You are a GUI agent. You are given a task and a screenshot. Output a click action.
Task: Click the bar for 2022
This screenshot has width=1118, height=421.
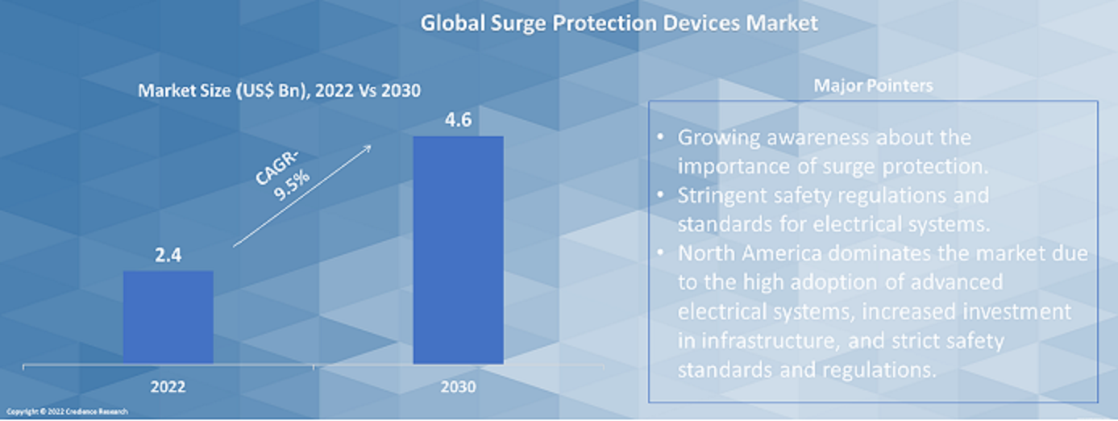tap(168, 317)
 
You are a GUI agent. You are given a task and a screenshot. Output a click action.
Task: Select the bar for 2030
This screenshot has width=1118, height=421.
tap(458, 250)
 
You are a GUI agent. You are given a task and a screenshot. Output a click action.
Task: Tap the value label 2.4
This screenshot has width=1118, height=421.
tap(168, 256)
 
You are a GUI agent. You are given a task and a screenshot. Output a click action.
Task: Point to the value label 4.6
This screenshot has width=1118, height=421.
tap(458, 122)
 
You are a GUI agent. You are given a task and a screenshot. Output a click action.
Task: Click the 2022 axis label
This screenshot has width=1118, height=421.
tap(168, 387)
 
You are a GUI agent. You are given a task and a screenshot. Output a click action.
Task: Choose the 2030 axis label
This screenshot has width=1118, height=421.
tap(458, 387)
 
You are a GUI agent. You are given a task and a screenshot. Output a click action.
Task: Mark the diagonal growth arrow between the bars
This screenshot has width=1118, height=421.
tap(302, 196)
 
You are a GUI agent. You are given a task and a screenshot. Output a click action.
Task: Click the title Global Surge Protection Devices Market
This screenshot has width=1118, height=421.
tap(618, 23)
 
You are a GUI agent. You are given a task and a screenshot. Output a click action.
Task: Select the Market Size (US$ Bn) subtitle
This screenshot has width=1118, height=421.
tap(279, 90)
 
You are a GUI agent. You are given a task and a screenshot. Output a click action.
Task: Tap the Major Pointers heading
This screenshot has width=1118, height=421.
tap(873, 85)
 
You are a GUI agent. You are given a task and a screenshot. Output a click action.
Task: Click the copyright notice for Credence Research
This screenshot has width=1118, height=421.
tap(73, 412)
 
